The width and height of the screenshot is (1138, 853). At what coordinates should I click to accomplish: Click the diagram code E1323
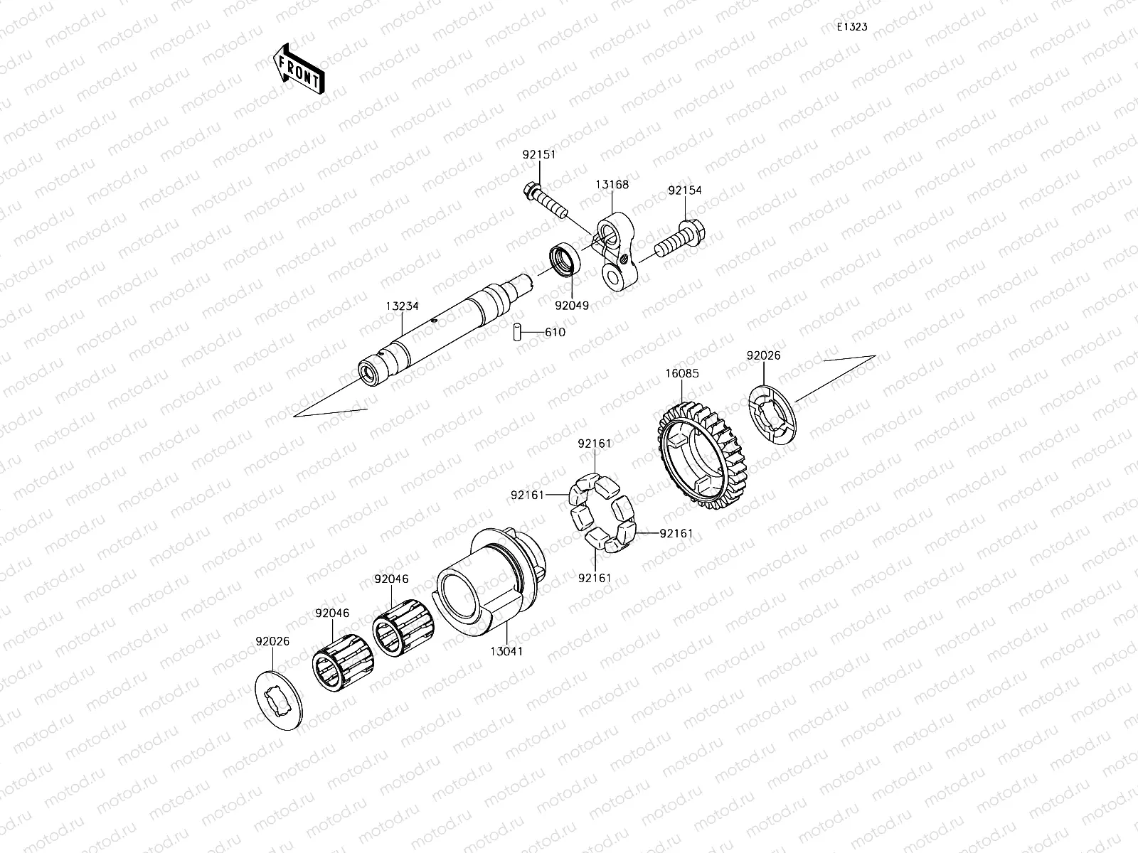click(x=851, y=27)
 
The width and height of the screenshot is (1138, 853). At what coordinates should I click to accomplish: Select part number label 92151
click(x=538, y=154)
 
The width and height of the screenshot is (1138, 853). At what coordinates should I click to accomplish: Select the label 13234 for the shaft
click(x=403, y=306)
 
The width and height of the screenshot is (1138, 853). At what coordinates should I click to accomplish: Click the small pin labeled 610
click(x=519, y=332)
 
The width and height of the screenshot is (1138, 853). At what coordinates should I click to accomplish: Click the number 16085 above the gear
click(x=682, y=373)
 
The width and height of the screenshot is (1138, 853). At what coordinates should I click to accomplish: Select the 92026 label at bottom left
click(x=272, y=640)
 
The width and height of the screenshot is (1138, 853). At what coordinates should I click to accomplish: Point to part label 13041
click(x=506, y=650)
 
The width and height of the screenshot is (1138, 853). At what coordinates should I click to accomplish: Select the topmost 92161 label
click(x=594, y=444)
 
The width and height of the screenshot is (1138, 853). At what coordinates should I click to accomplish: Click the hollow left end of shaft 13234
click(x=370, y=372)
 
